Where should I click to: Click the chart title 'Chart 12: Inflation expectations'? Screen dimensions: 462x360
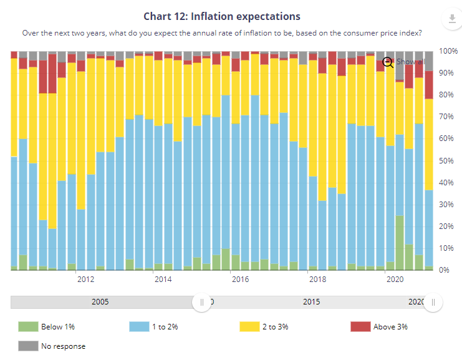click(222, 16)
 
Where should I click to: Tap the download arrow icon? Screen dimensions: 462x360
click(452, 18)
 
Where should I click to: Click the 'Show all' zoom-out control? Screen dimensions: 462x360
click(403, 62)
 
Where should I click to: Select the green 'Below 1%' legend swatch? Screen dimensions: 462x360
click(28, 327)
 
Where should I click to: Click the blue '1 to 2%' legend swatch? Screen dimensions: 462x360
click(139, 327)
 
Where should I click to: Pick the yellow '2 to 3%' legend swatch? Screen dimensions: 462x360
click(249, 327)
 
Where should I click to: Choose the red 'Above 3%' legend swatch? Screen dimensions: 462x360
click(360, 327)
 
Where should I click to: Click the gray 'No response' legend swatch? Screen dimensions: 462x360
click(28, 346)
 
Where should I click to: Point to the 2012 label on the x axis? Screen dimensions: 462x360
click(86, 280)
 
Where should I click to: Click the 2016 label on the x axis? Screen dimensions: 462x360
click(240, 280)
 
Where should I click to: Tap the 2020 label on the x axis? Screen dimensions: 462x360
click(395, 280)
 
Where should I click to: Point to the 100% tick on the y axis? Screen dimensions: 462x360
click(448, 51)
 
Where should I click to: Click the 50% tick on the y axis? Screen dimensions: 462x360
click(446, 161)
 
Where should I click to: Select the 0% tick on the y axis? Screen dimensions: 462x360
click(444, 270)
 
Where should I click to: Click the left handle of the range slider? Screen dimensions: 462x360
click(202, 302)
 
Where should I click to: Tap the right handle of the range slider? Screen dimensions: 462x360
click(433, 302)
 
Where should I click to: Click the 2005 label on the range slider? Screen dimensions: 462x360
click(100, 302)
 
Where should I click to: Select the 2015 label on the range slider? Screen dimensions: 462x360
click(312, 302)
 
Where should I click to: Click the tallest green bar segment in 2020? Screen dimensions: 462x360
click(400, 243)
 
